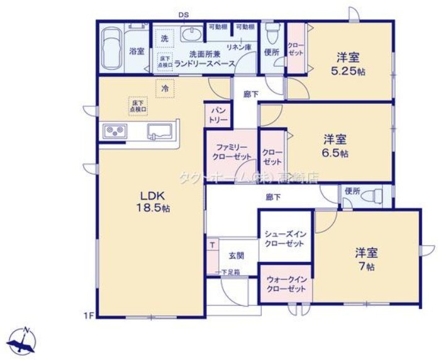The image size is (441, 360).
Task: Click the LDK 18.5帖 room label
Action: tap(153, 201)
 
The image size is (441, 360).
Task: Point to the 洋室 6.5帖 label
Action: tap(335, 145)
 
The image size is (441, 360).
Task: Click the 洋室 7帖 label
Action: tap(366, 259)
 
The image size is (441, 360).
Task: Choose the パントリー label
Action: tap(218, 115)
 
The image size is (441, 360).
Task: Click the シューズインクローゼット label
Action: tap(285, 238)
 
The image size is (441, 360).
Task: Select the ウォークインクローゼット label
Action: tap(286, 283)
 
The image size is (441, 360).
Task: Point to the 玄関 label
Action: tap(236, 256)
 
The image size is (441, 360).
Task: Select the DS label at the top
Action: tap(183, 14)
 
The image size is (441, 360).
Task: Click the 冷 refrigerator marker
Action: tap(165, 89)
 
